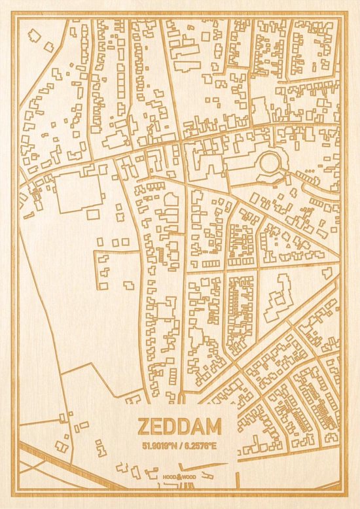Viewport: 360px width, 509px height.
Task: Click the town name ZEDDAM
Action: coord(179,427)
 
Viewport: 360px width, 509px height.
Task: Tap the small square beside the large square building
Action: coord(93,214)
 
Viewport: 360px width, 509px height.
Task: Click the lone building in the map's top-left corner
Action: coord(49,46)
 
